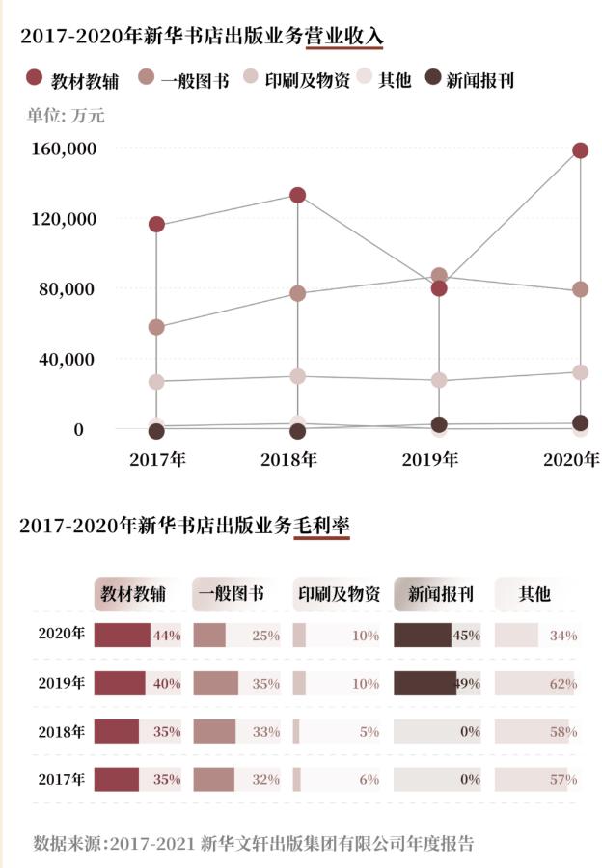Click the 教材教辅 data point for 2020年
[x=580, y=150]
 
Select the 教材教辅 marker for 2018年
[x=297, y=195]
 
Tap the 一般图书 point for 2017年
[x=156, y=327]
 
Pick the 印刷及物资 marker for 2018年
[x=297, y=376]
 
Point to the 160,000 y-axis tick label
[x=66, y=149]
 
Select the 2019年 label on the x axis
[x=430, y=459]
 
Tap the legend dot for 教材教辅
[x=35, y=78]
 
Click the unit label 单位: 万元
[x=66, y=116]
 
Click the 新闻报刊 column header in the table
[x=440, y=594]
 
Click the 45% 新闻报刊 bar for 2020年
[x=423, y=636]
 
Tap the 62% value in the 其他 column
[x=563, y=684]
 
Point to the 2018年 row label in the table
[x=62, y=731]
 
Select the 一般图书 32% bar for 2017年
[x=214, y=779]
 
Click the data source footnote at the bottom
[x=254, y=843]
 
